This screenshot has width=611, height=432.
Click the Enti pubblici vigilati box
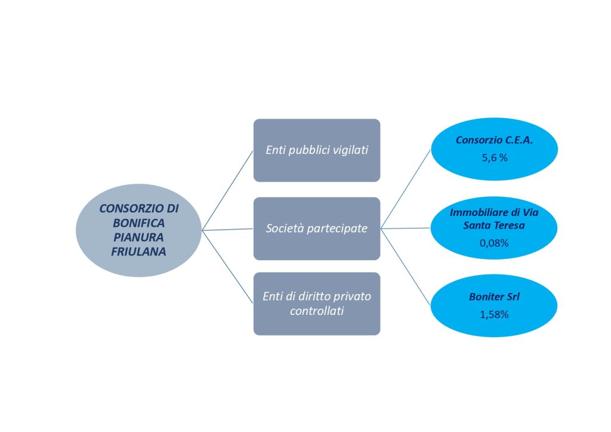click(x=316, y=150)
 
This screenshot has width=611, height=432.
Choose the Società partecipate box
click(x=316, y=229)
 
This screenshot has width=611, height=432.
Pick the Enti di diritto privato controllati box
click(x=316, y=304)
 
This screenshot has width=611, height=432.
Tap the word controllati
click(x=316, y=311)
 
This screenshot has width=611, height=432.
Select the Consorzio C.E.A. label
click(x=494, y=140)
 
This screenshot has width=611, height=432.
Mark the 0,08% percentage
click(x=494, y=243)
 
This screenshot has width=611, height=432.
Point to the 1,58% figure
click(x=494, y=314)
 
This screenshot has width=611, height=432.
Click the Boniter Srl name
click(x=494, y=296)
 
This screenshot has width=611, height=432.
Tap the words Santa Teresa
click(x=494, y=226)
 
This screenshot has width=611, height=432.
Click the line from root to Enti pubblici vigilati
click(x=228, y=190)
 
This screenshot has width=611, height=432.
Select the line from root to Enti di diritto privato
click(x=228, y=267)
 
